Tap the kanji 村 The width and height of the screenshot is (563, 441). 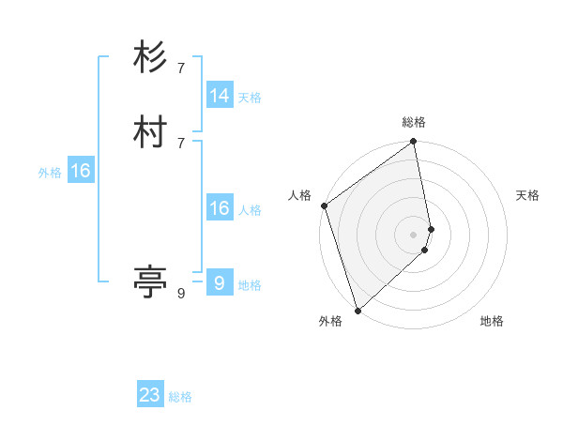(x=150, y=132)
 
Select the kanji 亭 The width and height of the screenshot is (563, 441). (x=150, y=281)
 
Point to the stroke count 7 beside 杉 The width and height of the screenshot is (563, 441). (x=181, y=68)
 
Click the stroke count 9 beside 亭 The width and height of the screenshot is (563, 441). (x=181, y=294)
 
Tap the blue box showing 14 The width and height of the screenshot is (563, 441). (x=220, y=96)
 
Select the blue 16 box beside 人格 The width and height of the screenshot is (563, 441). (x=220, y=208)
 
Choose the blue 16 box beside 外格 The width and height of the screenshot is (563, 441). (x=81, y=171)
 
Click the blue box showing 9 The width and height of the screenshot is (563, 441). (x=219, y=283)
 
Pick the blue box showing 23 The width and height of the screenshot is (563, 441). (x=150, y=395)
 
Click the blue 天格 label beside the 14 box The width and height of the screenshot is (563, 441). (x=250, y=98)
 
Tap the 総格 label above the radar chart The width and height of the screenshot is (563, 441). (x=414, y=122)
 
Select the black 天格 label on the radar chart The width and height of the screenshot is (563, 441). (x=527, y=195)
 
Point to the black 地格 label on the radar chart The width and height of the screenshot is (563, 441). (x=492, y=321)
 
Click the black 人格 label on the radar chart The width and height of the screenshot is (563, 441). (x=300, y=195)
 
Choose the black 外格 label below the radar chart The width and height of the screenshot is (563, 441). (x=330, y=321)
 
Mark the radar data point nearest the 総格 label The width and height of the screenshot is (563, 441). (x=414, y=143)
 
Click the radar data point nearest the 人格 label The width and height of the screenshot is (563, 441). (x=324, y=205)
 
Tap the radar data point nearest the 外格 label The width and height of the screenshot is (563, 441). (x=358, y=310)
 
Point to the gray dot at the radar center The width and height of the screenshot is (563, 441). (x=414, y=234)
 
